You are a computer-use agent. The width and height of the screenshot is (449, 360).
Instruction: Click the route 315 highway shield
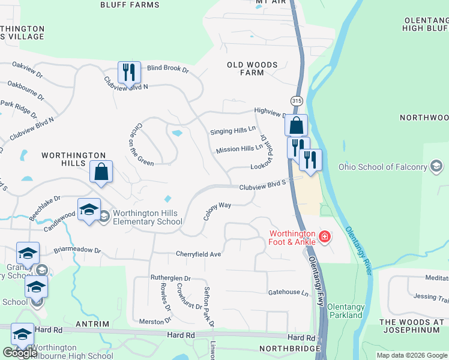[297, 100]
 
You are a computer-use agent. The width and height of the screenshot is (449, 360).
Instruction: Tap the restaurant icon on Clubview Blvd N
[129, 73]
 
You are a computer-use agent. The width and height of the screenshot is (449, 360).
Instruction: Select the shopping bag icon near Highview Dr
[296, 125]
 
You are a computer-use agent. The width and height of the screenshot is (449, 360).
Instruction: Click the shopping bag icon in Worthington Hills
[101, 172]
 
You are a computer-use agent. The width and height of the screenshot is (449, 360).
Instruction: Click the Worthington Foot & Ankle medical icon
[325, 237]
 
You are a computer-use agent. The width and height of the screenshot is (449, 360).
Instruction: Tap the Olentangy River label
[358, 251]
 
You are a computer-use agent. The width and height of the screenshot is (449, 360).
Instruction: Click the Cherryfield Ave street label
[199, 254]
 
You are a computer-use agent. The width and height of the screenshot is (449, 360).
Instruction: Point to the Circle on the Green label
[139, 143]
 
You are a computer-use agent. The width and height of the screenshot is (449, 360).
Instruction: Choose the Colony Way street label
[217, 211]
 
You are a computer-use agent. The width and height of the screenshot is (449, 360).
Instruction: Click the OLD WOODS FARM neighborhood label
[252, 68]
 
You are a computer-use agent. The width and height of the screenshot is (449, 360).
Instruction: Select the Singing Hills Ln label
[233, 131]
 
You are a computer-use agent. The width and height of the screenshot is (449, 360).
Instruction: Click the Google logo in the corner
[20, 352]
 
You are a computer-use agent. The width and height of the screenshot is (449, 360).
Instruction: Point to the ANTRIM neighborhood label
[93, 324]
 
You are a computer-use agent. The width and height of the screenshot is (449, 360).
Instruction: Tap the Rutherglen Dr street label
[170, 278]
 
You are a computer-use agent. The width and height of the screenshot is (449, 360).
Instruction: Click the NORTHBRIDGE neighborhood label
[287, 348]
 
